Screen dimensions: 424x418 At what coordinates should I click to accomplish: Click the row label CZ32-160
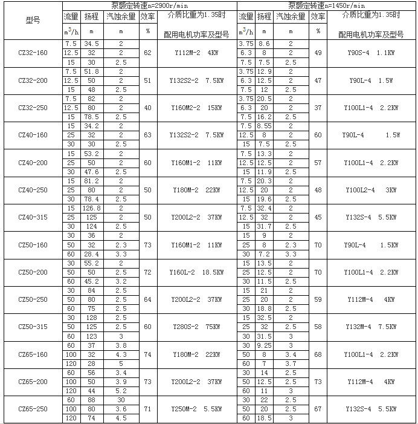click(x=33, y=53)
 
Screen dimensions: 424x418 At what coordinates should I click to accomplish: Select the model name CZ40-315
click(x=33, y=217)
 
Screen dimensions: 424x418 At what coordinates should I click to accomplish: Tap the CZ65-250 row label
click(x=33, y=409)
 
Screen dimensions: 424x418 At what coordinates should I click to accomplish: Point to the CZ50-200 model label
click(x=33, y=272)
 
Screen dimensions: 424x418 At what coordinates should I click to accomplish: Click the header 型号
click(x=33, y=22)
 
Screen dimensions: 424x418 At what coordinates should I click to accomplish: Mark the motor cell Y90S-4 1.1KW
click(x=371, y=53)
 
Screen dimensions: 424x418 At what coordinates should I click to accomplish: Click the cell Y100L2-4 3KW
click(x=371, y=190)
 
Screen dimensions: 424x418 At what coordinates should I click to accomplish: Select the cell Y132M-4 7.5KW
click(x=371, y=327)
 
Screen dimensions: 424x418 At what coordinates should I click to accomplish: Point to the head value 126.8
click(x=92, y=208)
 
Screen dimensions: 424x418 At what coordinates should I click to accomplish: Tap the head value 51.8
click(x=92, y=71)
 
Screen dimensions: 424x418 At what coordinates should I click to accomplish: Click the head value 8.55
click(x=264, y=126)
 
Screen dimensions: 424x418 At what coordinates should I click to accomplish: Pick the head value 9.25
click(x=264, y=345)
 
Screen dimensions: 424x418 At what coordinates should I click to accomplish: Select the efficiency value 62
click(x=147, y=53)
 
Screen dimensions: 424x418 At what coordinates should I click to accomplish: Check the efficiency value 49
click(x=318, y=53)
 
